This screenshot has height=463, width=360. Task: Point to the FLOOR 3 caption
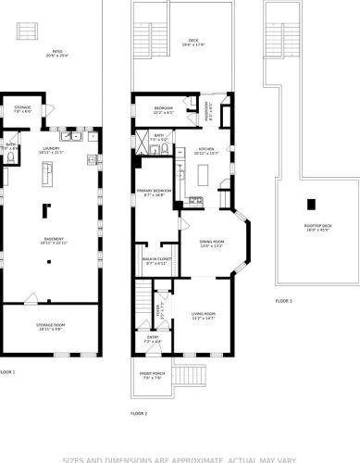pyautogui.click(x=284, y=302)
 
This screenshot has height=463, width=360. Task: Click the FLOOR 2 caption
pyautogui.click(x=139, y=413)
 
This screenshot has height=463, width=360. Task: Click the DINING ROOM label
pyautogui.click(x=213, y=244)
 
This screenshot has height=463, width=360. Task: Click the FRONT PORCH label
pyautogui.click(x=152, y=375)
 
